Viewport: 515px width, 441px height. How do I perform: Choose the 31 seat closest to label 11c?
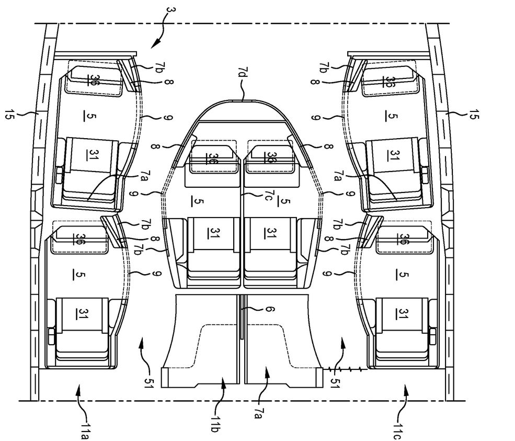(403, 313)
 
